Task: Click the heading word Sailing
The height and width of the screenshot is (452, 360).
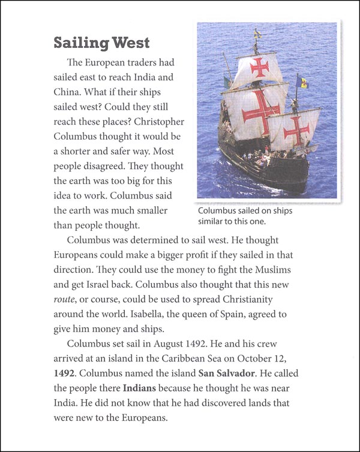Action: click(80, 43)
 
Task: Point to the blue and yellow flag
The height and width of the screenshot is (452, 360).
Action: click(303, 83)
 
